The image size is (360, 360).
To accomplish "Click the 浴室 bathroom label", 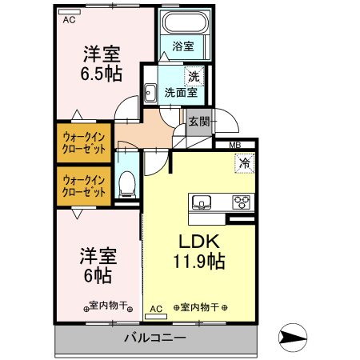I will [x=182, y=46].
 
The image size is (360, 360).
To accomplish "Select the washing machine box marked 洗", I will [x=193, y=78].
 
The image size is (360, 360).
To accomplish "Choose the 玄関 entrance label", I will [x=198, y=122].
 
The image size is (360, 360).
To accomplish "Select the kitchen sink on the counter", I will [x=201, y=201].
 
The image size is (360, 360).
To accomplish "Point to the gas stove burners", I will [x=241, y=201].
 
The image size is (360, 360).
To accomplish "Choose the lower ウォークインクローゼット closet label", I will [x=83, y=186].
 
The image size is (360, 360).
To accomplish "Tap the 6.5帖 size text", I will [x=102, y=74].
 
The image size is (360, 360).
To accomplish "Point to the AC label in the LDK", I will [x=156, y=307].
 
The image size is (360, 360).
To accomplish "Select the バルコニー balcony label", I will [x=154, y=338].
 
